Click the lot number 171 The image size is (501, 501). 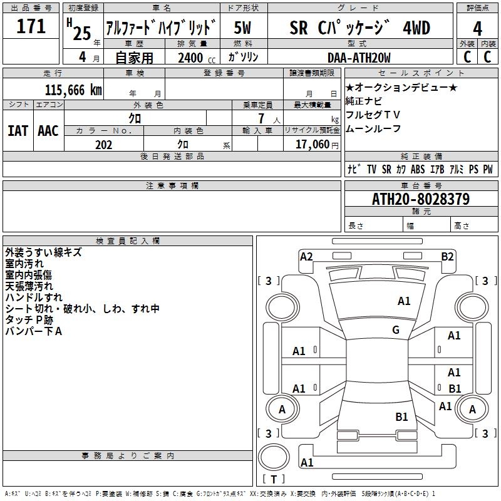tap(31, 27)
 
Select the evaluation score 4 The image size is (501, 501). tap(477, 28)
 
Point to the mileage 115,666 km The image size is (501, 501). tap(73, 90)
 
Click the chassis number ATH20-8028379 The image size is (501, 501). tap(421, 199)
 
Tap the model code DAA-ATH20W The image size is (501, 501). tap(359, 58)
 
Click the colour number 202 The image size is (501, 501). tap(103, 145)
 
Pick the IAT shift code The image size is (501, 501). tap(18, 131)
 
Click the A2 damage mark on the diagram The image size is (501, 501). tap(306, 256)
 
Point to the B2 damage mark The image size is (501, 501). tap(447, 256)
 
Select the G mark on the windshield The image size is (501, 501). tap(396, 330)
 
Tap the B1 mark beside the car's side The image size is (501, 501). tap(455, 389)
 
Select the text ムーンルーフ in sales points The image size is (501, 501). tap(373, 129)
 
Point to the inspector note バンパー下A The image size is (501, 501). tap(33, 331)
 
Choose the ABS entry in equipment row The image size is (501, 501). tap(418, 170)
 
